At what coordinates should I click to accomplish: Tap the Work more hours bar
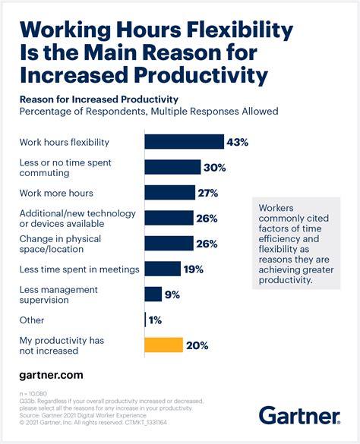[x=169, y=192]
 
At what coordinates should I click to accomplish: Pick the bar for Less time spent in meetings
[x=162, y=269]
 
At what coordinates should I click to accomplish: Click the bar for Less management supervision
[x=153, y=294]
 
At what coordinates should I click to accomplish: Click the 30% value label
[x=215, y=167]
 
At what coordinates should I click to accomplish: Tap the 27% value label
[x=208, y=192]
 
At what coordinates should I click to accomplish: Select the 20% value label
[x=198, y=345]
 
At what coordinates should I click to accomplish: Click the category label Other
[x=31, y=320]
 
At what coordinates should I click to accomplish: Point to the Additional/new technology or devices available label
[x=69, y=219]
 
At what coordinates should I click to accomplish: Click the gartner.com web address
[x=51, y=375]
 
